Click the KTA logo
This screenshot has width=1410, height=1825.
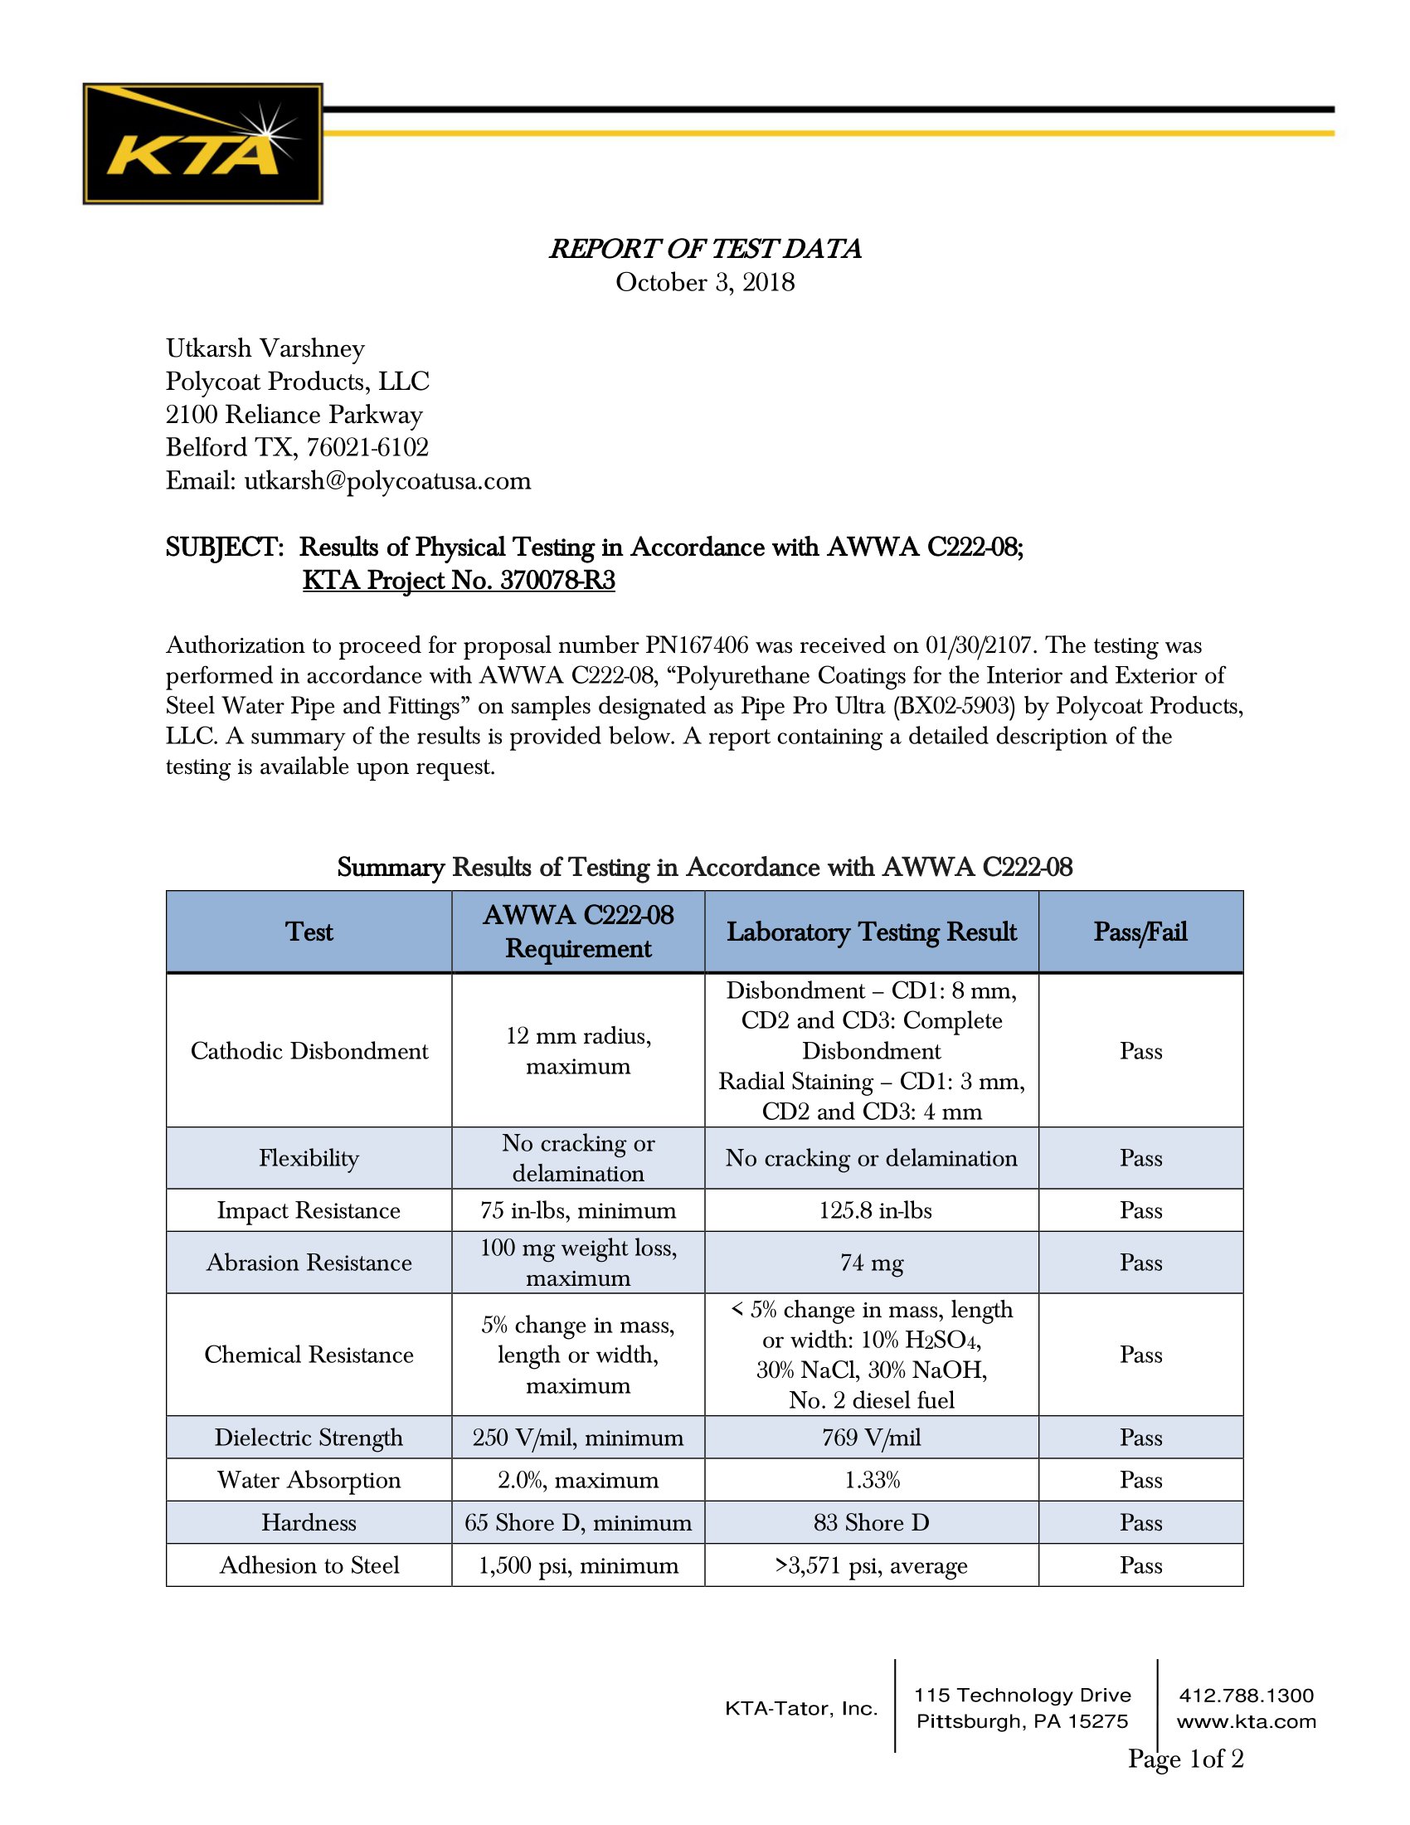pos(202,143)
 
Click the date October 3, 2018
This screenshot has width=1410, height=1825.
pos(705,282)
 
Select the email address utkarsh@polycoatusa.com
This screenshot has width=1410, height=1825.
pos(387,480)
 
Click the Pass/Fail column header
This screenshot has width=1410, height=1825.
pos(1140,932)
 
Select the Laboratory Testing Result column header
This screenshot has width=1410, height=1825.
pos(871,932)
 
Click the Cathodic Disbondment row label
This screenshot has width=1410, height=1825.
pos(309,1050)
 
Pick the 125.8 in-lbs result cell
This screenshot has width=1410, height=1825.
pos(874,1210)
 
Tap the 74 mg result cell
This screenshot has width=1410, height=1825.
pos(871,1263)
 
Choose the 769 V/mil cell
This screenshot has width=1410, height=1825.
pos(871,1438)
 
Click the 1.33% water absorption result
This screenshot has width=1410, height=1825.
pos(871,1480)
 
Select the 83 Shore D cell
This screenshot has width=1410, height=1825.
pos(871,1522)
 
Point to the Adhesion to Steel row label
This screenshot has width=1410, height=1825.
pos(309,1565)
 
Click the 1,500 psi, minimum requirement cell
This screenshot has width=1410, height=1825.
pos(578,1565)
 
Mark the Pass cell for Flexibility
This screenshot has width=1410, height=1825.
pos(1140,1158)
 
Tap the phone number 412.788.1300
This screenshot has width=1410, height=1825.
pos(1246,1696)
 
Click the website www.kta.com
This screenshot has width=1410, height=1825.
pos(1246,1721)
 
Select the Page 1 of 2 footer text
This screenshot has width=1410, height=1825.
pos(1185,1758)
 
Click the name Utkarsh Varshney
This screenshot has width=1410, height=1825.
pos(265,348)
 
